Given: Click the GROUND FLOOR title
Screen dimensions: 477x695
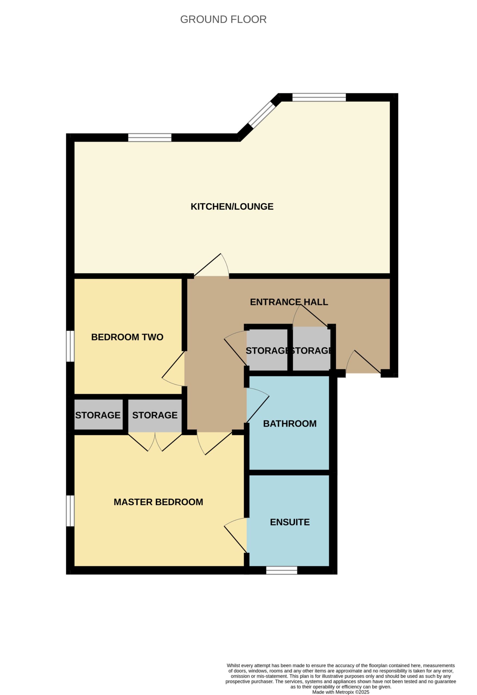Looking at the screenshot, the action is [223, 20].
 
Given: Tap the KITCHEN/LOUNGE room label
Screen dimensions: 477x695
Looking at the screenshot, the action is [232, 207].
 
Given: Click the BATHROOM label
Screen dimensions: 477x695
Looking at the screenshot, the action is [290, 424].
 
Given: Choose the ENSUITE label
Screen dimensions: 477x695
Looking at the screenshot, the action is [290, 522].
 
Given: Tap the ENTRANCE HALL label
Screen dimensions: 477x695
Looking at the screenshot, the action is [289, 302].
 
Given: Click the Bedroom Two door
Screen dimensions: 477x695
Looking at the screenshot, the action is [173, 369].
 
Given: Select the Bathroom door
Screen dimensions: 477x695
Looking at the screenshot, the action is [257, 406].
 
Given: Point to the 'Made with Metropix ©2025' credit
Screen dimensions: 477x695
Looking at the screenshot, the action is [341, 692].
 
